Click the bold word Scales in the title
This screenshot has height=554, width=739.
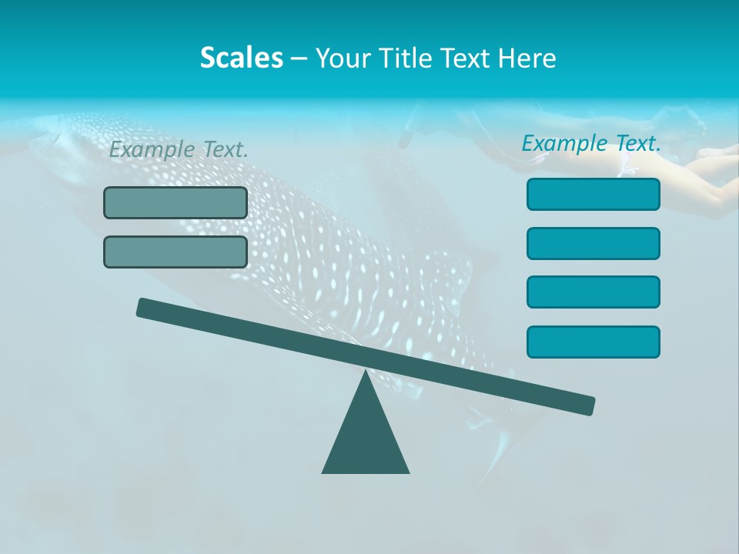(x=241, y=58)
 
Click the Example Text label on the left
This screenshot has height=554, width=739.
(x=179, y=150)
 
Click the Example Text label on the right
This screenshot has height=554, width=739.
(x=591, y=143)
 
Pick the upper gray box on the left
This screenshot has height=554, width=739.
(x=176, y=202)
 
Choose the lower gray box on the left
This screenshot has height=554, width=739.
(x=176, y=252)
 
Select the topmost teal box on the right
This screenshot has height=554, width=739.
(x=594, y=194)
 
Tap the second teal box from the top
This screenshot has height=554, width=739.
(x=594, y=243)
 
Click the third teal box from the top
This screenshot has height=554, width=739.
(x=594, y=292)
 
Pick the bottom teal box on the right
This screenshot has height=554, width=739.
(x=594, y=342)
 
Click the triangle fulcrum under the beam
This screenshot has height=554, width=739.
(x=366, y=439)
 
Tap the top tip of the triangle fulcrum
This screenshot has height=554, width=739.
(x=366, y=374)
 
